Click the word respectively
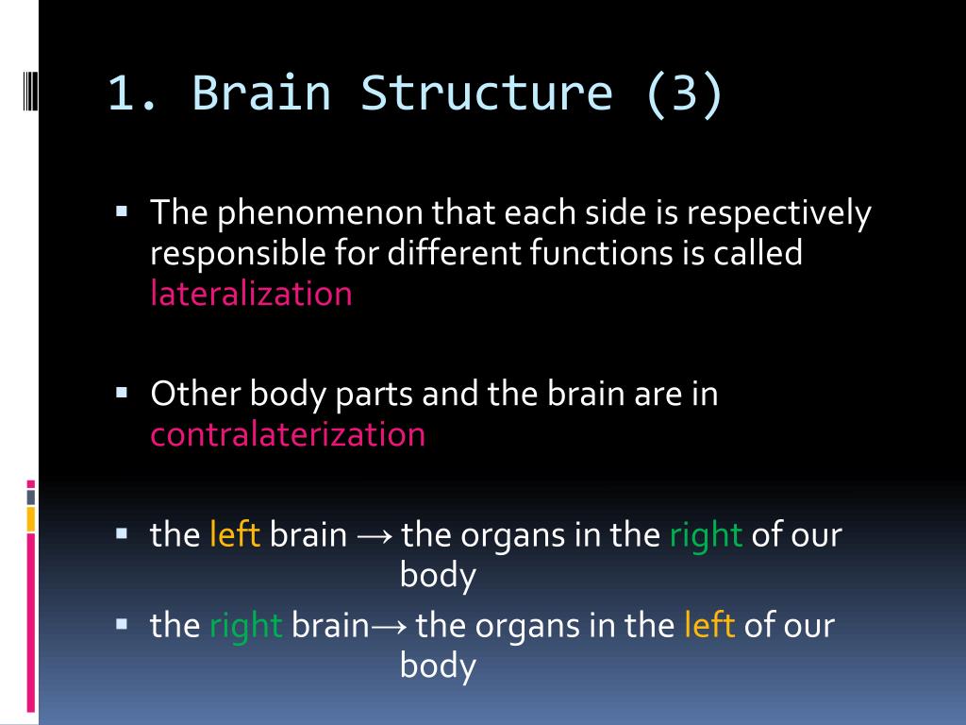click(778, 214)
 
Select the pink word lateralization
click(251, 294)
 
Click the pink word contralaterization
click(288, 434)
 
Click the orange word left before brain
click(235, 535)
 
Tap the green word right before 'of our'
click(706, 535)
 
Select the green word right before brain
click(245, 626)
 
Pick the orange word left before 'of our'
click(709, 626)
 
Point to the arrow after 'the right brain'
click(388, 627)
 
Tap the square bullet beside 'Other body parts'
click(122, 389)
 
